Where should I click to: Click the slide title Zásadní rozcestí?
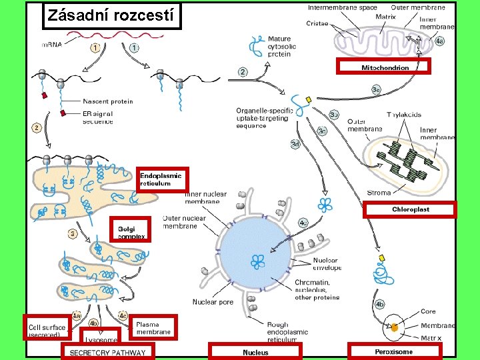click(x=111, y=15)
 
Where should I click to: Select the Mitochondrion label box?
click(x=384, y=66)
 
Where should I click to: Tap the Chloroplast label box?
click(x=410, y=209)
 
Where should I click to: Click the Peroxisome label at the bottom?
click(x=393, y=351)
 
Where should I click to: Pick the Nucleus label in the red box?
click(x=255, y=352)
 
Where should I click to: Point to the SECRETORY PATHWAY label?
click(x=107, y=352)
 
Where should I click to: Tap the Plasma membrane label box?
click(x=154, y=327)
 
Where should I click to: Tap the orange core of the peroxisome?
click(x=395, y=327)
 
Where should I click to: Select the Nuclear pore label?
click(x=213, y=302)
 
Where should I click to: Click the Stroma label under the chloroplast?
click(x=379, y=193)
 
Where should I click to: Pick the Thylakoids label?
click(x=403, y=115)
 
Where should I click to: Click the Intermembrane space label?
click(x=342, y=7)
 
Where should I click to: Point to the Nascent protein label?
click(x=107, y=101)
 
